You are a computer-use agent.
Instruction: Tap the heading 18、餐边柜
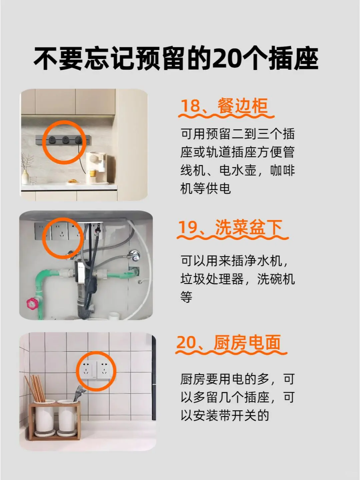[x=224, y=106]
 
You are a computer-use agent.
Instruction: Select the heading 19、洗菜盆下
[x=230, y=227]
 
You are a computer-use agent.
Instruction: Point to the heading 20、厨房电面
[x=228, y=342]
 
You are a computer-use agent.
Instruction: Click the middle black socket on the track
[x=65, y=140]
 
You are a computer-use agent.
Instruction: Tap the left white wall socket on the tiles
[x=87, y=371]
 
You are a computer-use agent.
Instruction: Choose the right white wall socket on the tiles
[x=104, y=371]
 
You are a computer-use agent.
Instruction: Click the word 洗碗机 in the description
[x=276, y=279]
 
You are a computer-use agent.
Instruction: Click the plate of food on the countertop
[x=73, y=181]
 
